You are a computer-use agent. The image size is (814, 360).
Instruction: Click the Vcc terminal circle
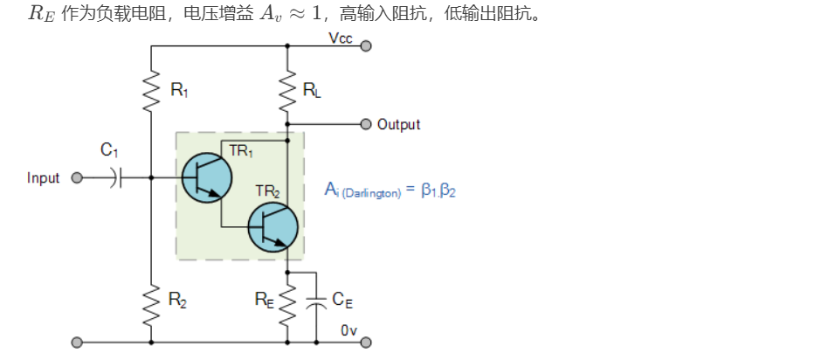point(366,45)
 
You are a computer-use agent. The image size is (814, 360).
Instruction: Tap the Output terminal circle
point(366,123)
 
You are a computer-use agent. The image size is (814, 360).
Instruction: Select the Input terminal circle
point(77,178)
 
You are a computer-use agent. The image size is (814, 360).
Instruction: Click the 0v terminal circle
point(366,342)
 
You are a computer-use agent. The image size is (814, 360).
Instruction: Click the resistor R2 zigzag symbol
point(151,300)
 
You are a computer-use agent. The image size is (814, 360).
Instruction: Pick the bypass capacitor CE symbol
point(316,301)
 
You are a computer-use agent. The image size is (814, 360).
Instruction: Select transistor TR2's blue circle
point(272,226)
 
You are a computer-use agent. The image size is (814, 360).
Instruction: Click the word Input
point(44,178)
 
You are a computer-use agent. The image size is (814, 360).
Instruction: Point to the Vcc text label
point(340,38)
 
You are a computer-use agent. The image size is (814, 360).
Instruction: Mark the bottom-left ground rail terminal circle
point(77,342)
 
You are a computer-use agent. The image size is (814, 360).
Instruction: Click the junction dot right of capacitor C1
point(151,178)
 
